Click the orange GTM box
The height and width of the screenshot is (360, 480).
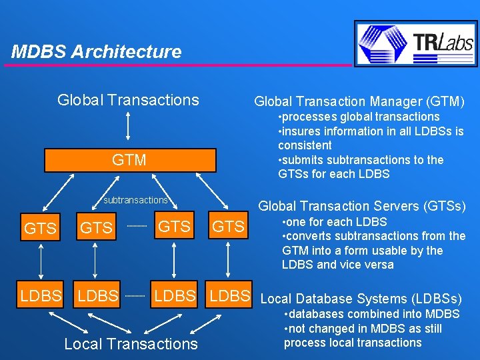130,160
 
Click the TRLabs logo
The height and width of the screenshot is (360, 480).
416,43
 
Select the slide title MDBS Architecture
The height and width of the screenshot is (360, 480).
97,52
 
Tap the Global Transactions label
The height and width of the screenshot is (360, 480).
128,100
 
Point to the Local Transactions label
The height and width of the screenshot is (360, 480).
131,344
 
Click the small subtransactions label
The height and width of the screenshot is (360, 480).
135,200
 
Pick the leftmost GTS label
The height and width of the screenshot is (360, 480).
40,229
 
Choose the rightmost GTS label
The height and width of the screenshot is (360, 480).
228,227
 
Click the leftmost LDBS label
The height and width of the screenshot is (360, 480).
41,295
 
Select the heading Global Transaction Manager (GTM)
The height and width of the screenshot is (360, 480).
359,101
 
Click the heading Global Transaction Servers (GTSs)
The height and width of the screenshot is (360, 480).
362,206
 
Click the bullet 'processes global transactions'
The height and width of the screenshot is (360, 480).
359,117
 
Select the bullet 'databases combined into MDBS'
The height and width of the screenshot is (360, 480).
371,314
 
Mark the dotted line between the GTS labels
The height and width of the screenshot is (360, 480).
136,227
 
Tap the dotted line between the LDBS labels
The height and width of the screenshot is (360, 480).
136,295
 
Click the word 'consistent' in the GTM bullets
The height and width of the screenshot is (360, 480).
305,145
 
